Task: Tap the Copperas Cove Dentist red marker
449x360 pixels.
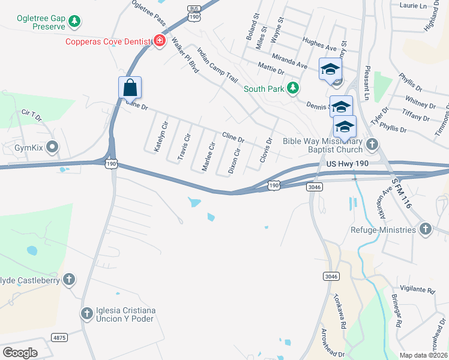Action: pos(160,41)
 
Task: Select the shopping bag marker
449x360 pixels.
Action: pos(130,88)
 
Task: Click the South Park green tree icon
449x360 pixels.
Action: pos(292,88)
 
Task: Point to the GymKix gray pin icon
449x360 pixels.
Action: pos(52,146)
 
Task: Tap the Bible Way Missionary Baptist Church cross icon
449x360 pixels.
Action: pos(372,144)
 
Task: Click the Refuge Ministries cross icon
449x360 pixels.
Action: pos(425,229)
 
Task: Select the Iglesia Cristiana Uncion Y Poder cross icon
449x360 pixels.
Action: pos(87,313)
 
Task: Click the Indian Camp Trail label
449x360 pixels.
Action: pos(217,66)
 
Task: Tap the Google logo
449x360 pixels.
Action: pos(20,353)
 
